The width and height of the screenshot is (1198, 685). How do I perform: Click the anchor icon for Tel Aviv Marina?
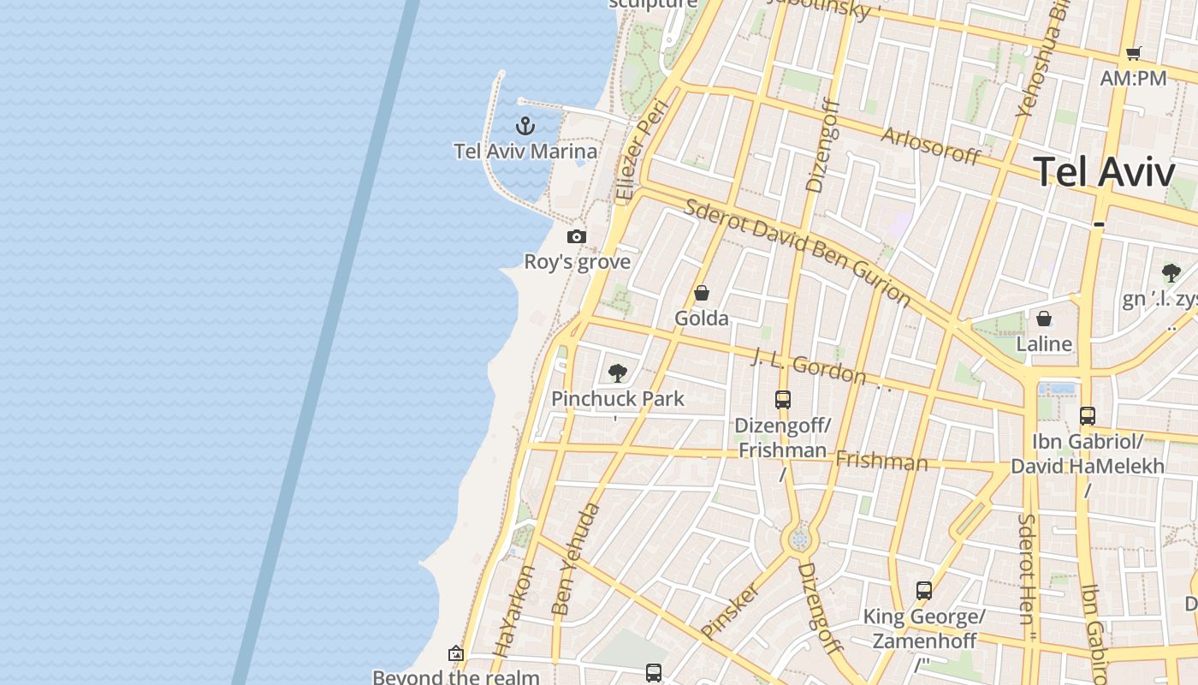click(x=525, y=127)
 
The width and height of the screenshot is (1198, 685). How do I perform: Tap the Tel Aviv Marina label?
click(x=525, y=152)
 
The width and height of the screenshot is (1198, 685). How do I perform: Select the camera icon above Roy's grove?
click(x=577, y=236)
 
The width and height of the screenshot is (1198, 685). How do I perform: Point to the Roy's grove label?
click(x=577, y=262)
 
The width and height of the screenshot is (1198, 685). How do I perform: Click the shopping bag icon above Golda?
click(x=702, y=294)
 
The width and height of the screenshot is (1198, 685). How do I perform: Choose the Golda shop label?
click(x=702, y=319)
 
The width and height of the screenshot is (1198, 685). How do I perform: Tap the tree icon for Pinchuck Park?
click(x=617, y=373)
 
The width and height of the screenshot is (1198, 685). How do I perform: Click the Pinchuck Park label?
click(x=617, y=398)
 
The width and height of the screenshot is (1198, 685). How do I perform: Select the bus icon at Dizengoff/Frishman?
click(x=782, y=399)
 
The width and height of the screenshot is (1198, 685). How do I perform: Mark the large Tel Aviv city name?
click(x=1104, y=172)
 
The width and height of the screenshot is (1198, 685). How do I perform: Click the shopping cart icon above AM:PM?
click(x=1134, y=54)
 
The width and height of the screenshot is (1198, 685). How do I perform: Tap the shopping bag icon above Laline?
click(x=1044, y=319)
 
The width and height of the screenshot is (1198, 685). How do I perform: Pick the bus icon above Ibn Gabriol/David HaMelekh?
click(x=1087, y=416)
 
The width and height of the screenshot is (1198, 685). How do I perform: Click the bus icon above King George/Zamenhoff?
click(x=923, y=591)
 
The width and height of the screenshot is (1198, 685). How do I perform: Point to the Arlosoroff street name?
click(x=930, y=146)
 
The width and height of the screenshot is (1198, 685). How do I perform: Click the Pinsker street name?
click(x=730, y=611)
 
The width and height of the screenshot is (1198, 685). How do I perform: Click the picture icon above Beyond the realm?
click(x=455, y=654)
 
